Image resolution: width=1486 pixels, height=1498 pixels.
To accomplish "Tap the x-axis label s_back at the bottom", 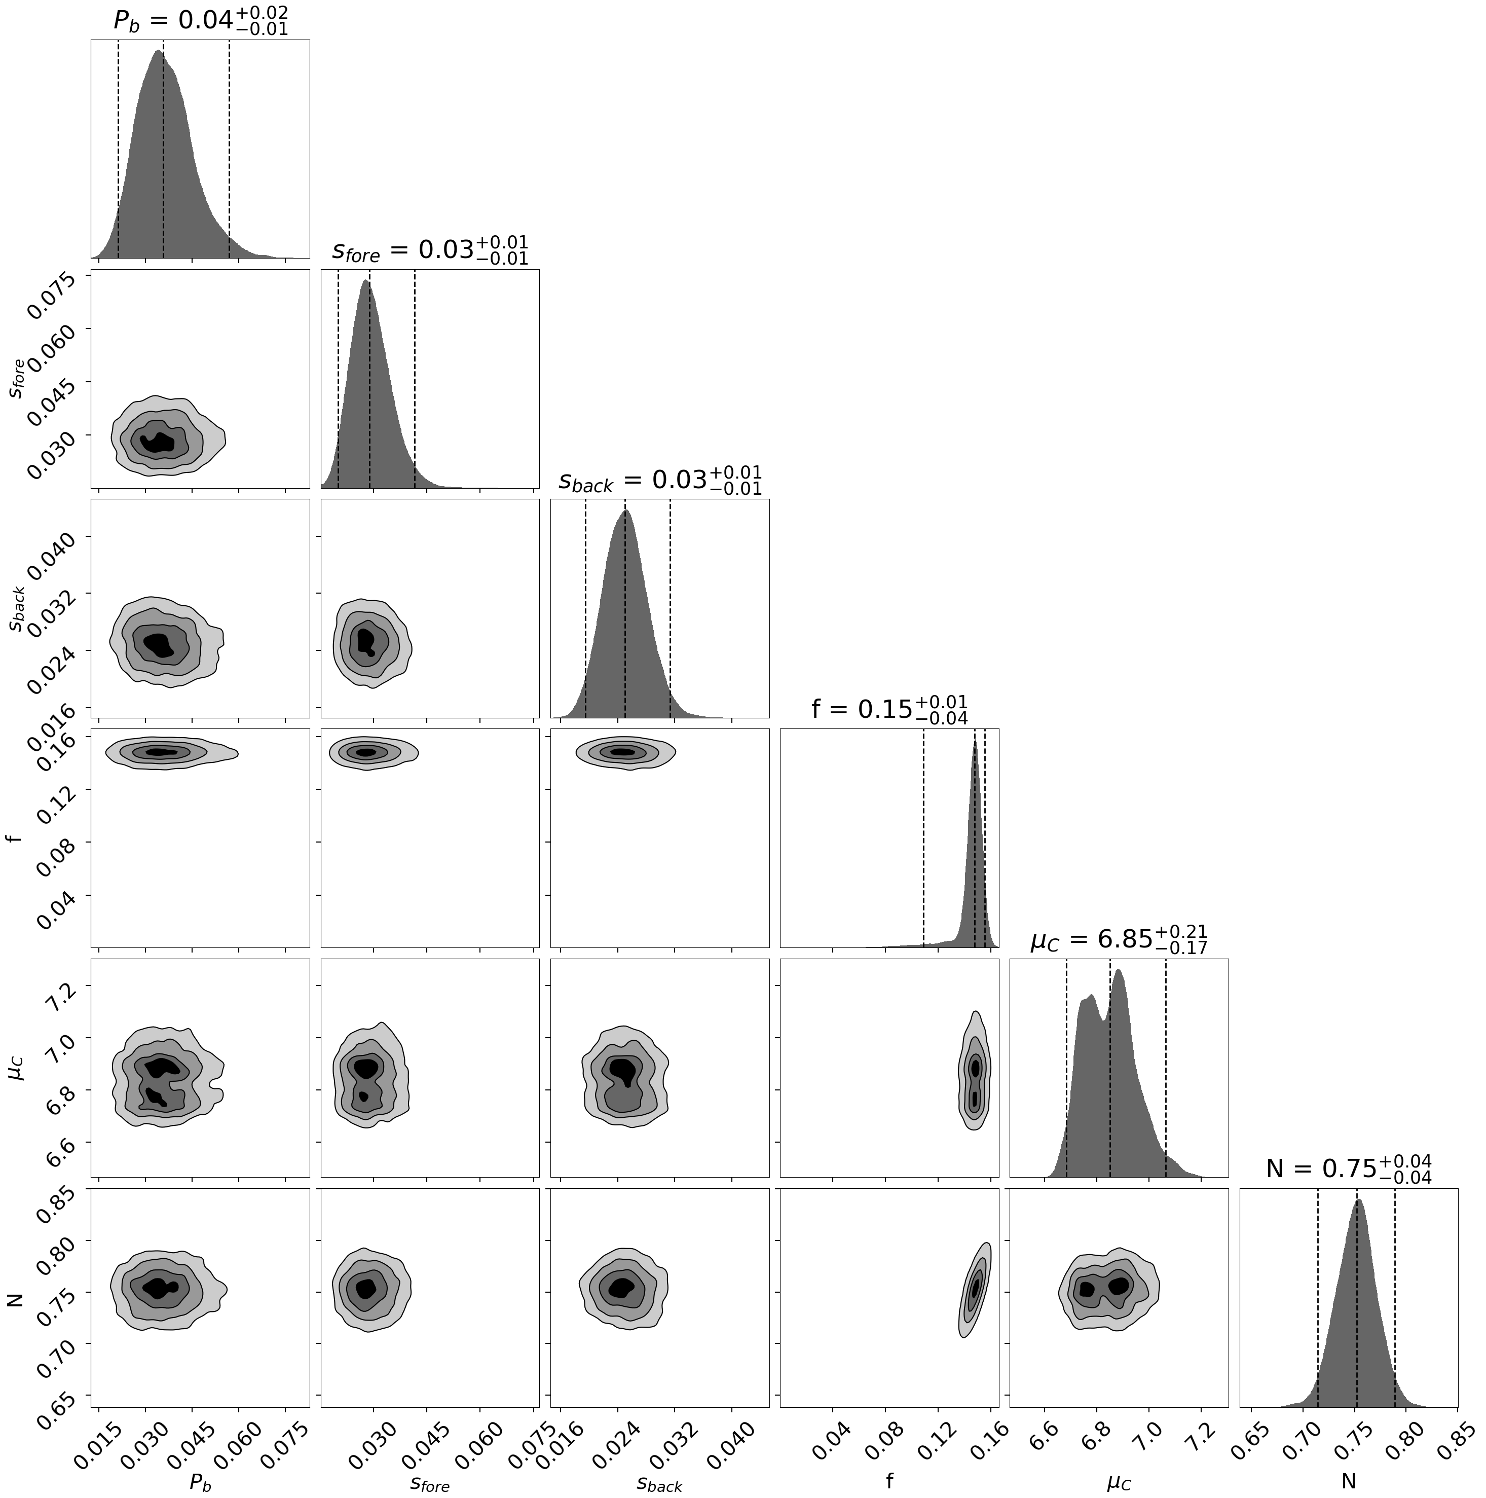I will tap(660, 1482).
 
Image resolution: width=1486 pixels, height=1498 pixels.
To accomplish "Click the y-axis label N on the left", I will tap(14, 1297).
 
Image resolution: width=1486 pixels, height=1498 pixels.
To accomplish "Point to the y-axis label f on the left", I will tap(14, 838).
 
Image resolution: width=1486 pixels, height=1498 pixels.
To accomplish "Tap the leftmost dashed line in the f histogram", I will tap(923, 837).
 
